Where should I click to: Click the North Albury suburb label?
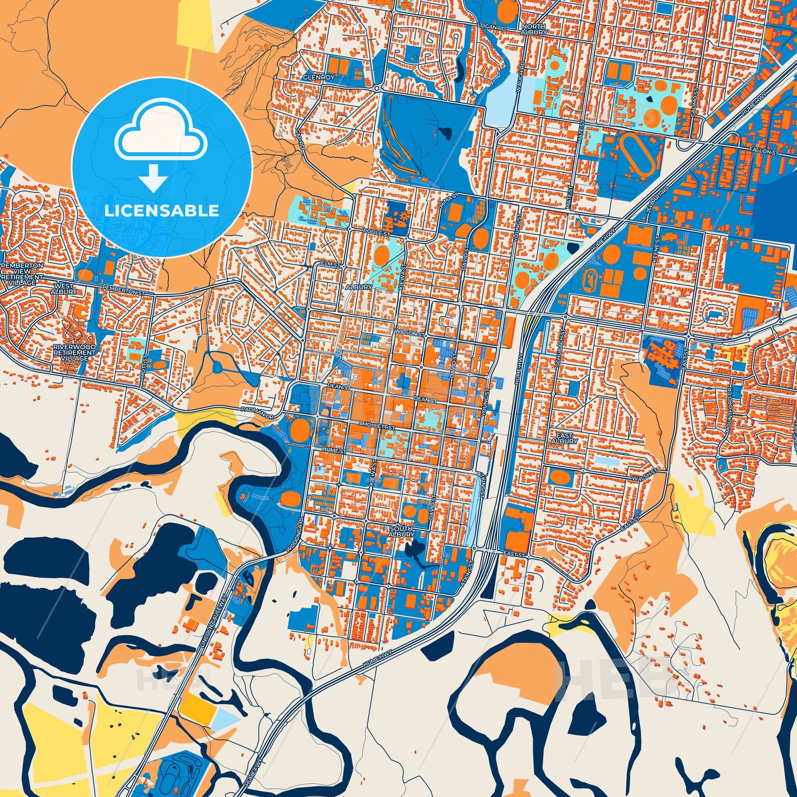534,29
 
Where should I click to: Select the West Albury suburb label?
64,289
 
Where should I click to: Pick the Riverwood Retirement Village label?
74,353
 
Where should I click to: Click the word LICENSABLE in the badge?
161,211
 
